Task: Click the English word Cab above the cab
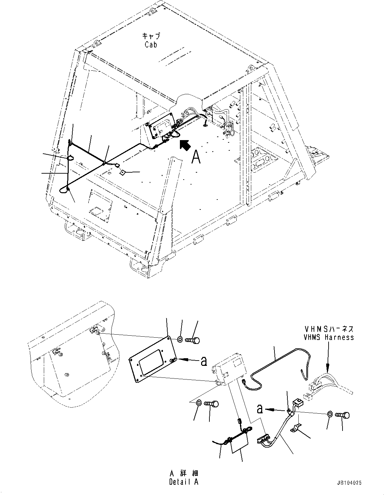(x=151, y=44)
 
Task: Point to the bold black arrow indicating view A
(x=185, y=145)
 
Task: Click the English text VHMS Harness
(x=329, y=337)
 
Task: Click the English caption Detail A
(x=184, y=482)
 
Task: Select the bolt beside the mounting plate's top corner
(x=193, y=340)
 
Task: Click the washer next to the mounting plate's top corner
(x=180, y=339)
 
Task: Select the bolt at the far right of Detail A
(x=343, y=415)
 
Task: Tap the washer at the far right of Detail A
(x=330, y=414)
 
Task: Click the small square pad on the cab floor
(x=122, y=172)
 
